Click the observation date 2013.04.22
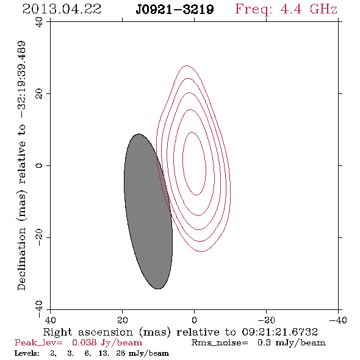pyautogui.click(x=62, y=9)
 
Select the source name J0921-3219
pyautogui.click(x=175, y=10)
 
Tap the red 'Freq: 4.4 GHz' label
pyautogui.click(x=286, y=9)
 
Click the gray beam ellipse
pyautogui.click(x=148, y=211)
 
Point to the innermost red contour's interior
pyautogui.click(x=194, y=164)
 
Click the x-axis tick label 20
pyautogui.click(x=122, y=320)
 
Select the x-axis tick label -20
pyautogui.click(x=266, y=320)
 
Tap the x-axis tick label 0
pyautogui.click(x=194, y=320)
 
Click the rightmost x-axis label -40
pyautogui.click(x=338, y=320)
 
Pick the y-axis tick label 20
pyautogui.click(x=39, y=94)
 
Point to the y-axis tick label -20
pyautogui.click(x=39, y=237)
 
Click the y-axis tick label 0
pyautogui.click(x=39, y=165)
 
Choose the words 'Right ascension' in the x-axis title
pyautogui.click(x=88, y=332)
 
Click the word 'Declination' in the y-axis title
pyautogui.click(x=21, y=259)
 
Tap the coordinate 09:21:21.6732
pyautogui.click(x=279, y=332)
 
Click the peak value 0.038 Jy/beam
pyautogui.click(x=107, y=343)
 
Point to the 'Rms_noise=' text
pyautogui.click(x=220, y=343)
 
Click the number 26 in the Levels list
pyautogui.click(x=121, y=353)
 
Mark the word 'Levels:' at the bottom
pyautogui.click(x=27, y=353)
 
